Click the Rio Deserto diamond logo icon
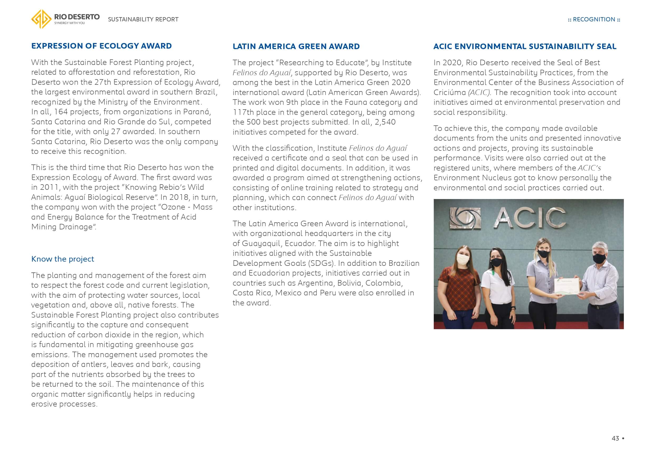[41, 19]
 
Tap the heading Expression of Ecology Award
[101, 46]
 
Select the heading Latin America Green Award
[296, 46]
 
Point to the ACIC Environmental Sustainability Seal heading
[525, 46]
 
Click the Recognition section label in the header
[594, 19]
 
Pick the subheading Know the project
[63, 259]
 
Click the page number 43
[615, 438]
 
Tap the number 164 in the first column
[61, 112]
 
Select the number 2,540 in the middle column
[385, 122]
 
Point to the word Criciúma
[450, 92]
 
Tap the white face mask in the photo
[463, 259]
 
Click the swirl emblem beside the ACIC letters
[465, 219]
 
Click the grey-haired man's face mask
[599, 258]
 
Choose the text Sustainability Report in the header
[143, 19]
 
